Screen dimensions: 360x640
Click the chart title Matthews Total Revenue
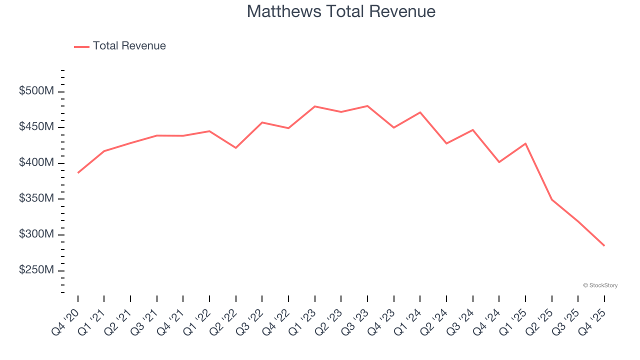pyautogui.click(x=341, y=11)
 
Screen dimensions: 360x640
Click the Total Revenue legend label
pyautogui.click(x=129, y=46)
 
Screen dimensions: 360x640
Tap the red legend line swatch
pyautogui.click(x=81, y=46)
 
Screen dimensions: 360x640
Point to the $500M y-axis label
pyautogui.click(x=36, y=91)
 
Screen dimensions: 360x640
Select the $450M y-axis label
pyautogui.click(x=36, y=127)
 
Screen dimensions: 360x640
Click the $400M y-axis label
pyautogui.click(x=36, y=163)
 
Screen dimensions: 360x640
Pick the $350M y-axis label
pyautogui.click(x=36, y=199)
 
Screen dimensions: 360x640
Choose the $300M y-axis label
pyautogui.click(x=36, y=234)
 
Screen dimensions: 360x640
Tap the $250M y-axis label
pyautogui.click(x=36, y=270)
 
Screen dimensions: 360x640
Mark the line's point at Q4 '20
pyautogui.click(x=78, y=172)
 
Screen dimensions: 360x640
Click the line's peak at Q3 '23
pyautogui.click(x=367, y=106)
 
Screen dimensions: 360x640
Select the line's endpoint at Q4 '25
pyautogui.click(x=604, y=245)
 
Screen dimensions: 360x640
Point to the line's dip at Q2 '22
pyautogui.click(x=236, y=148)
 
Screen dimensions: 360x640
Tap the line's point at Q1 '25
pyautogui.click(x=525, y=143)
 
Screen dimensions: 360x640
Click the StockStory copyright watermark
pyautogui.click(x=600, y=285)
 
